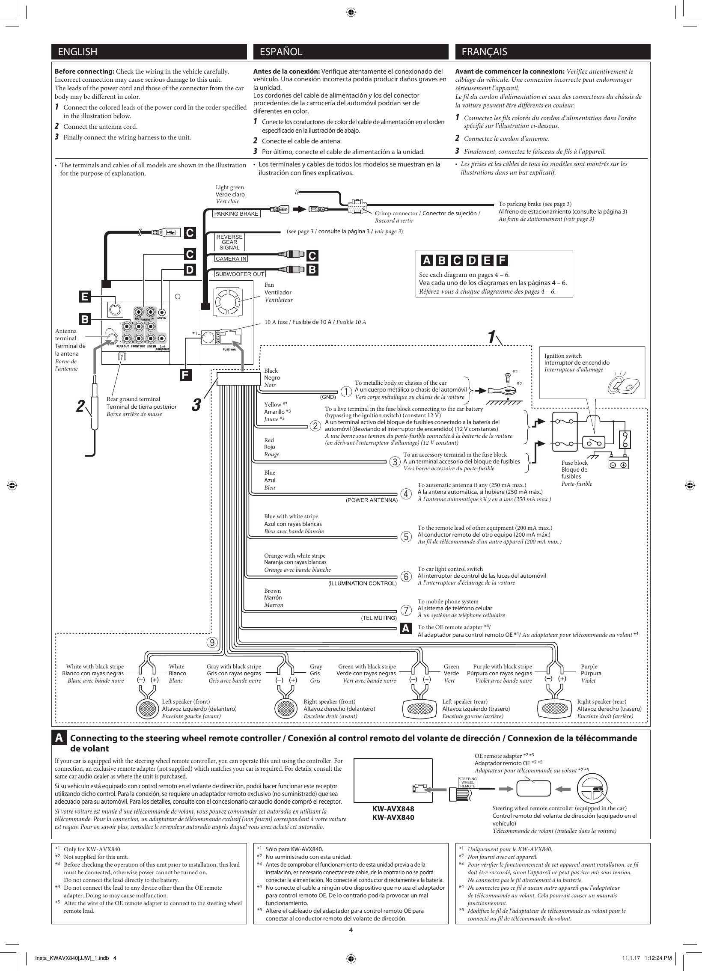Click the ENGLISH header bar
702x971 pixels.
149,52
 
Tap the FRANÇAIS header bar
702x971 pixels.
552,52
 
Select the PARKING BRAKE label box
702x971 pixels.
236,214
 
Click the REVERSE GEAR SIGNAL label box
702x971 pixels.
229,242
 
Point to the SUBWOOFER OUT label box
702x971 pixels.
240,274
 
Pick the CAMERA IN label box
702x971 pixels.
231,258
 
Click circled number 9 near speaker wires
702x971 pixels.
211,642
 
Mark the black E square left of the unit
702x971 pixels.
85,297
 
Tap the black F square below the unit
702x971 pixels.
185,374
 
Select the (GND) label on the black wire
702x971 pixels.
328,397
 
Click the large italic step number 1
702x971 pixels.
492,336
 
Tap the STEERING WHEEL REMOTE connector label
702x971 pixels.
468,782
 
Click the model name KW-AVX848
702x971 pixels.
393,809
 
